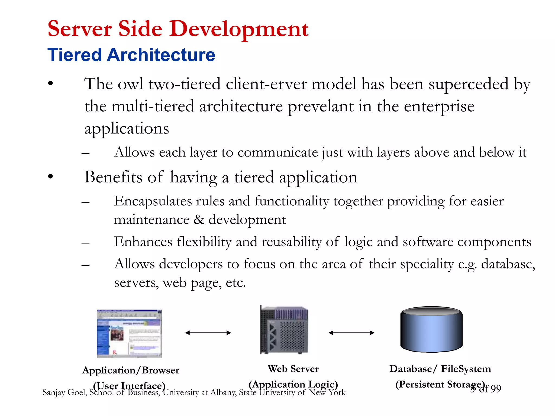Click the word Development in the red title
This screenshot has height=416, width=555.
click(238, 29)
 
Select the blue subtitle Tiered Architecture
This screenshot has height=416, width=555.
click(131, 55)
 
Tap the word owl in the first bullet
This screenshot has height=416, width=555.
click(131, 84)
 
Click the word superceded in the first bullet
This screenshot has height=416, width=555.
click(468, 84)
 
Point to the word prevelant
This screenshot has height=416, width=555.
click(320, 106)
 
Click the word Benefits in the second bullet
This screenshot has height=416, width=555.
click(113, 177)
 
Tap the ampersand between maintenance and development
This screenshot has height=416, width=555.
click(199, 219)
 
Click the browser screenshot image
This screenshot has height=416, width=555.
click(129, 333)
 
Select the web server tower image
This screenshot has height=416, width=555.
click(284, 330)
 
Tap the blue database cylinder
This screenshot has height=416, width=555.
click(431, 329)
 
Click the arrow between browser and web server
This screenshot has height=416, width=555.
click(208, 333)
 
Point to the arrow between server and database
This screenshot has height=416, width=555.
click(351, 333)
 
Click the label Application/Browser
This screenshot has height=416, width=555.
click(131, 370)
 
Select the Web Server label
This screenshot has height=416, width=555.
click(293, 369)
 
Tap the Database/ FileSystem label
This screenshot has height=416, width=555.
click(440, 369)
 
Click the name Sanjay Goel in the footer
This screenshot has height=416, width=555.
click(64, 392)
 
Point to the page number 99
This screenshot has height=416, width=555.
click(496, 389)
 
